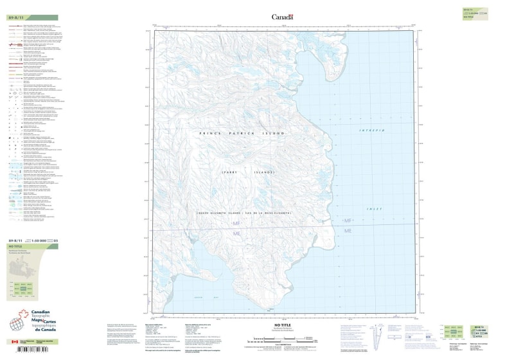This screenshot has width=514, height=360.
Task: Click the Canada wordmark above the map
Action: tap(282, 17)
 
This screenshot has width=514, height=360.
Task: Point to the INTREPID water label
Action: tap(371, 130)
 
